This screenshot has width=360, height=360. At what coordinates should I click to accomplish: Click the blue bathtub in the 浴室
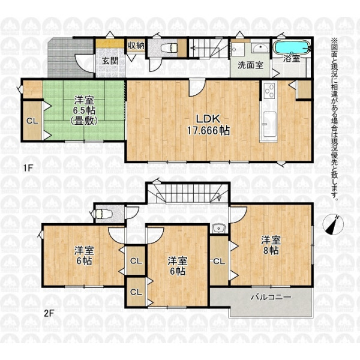coord(291,47)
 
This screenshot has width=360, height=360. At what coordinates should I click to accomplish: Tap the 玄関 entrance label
coord(110,61)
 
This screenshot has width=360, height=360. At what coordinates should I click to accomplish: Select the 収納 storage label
coord(136,46)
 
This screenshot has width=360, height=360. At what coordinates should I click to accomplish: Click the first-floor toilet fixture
coord(169,48)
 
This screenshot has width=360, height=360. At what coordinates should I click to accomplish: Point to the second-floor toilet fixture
coord(102,214)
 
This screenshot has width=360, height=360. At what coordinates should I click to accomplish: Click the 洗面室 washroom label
coord(250,65)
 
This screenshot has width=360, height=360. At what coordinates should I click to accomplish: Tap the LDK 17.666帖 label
coord(208,125)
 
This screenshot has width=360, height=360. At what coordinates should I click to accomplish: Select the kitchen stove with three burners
coord(269,91)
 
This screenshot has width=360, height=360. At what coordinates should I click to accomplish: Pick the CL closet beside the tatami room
coord(32,121)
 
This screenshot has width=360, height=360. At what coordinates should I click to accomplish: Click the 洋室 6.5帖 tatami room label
coord(84,111)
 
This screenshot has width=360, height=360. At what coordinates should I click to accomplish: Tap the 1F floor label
coord(28,168)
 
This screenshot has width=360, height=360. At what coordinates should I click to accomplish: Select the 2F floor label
coord(49,313)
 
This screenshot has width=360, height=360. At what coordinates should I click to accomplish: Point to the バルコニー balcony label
coord(271,298)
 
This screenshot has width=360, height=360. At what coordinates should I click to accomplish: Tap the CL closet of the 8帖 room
coord(219,261)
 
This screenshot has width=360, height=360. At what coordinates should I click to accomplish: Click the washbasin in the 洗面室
coord(261,48)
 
